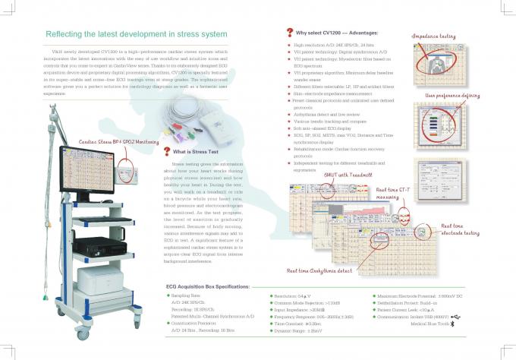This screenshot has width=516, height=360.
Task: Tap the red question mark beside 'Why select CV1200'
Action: point(289,33)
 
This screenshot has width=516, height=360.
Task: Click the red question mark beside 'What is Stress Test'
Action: point(166,150)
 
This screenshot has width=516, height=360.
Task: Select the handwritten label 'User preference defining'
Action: point(452,95)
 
